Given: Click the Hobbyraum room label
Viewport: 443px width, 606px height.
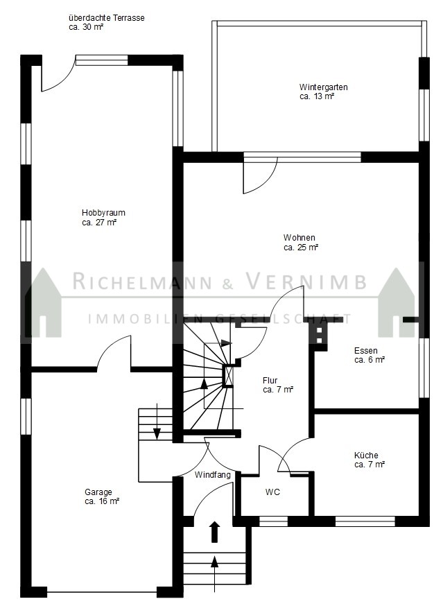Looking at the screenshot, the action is (x=103, y=213).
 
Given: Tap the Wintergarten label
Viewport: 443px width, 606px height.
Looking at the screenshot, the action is (x=323, y=87).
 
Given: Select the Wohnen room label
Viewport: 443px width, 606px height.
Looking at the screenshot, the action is (x=299, y=237).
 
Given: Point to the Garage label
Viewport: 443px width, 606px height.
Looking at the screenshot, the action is (x=98, y=492).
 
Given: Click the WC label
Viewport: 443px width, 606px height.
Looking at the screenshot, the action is (x=272, y=492).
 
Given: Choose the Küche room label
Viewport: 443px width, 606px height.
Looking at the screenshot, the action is (x=366, y=456).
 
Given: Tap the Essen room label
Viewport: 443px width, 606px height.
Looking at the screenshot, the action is (x=365, y=351).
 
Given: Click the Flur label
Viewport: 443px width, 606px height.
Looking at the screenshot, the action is (x=270, y=381).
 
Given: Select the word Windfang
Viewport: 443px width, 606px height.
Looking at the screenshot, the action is (x=213, y=474).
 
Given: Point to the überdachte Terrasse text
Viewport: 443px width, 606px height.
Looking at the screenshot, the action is (x=106, y=18).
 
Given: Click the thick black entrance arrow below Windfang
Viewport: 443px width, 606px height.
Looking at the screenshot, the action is (x=214, y=532).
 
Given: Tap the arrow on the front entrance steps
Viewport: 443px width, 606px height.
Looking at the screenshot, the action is (x=214, y=574).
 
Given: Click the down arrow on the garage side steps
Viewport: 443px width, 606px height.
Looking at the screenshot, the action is (x=157, y=422).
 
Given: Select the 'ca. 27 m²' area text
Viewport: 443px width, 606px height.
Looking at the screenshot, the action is (x=99, y=223).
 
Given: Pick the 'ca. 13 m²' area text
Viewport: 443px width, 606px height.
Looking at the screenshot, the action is (x=317, y=96).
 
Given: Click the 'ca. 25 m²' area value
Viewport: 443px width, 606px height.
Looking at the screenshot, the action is (x=301, y=248).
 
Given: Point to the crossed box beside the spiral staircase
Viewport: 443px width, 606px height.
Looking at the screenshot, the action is (x=228, y=375).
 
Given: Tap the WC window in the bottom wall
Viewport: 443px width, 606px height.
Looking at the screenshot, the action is (x=273, y=521).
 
